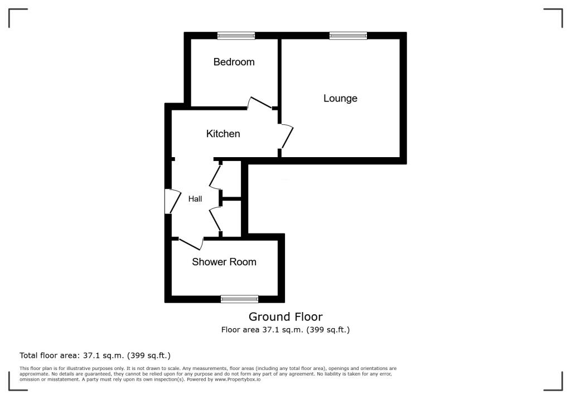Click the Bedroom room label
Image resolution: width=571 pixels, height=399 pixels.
(234, 62)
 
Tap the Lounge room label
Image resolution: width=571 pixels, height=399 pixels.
(340, 99)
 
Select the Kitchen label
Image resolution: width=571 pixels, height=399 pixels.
(223, 134)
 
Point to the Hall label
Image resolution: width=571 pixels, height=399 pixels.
(195, 199)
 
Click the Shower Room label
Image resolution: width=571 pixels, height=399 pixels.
(224, 262)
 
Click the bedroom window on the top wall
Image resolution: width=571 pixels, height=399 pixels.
(236, 36)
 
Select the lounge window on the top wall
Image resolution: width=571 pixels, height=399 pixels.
(348, 36)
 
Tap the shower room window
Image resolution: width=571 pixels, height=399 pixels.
(239, 299)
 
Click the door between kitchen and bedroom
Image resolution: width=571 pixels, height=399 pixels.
(260, 103)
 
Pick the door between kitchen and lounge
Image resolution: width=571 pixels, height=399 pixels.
(286, 136)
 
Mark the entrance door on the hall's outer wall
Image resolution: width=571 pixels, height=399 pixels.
(172, 202)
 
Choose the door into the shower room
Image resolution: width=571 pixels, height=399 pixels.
(191, 243)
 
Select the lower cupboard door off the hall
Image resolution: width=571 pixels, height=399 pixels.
(216, 220)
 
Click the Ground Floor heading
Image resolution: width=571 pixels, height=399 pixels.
(285, 317)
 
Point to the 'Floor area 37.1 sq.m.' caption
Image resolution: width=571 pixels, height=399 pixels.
(285, 330)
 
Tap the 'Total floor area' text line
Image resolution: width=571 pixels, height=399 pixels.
(95, 355)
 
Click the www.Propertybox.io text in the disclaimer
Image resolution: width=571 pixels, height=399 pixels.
(238, 379)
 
